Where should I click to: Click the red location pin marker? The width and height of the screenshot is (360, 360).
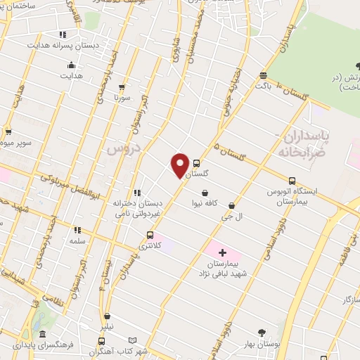181,165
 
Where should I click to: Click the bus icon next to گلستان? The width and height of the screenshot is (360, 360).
196,163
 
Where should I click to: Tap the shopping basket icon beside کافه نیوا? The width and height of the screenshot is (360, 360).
205,193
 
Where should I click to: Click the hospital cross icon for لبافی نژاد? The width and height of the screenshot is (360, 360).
222,252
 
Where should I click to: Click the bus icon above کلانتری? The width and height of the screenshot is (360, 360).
149,236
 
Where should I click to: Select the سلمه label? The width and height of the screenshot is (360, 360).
77,240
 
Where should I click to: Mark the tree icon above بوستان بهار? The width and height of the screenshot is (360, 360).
262,332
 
